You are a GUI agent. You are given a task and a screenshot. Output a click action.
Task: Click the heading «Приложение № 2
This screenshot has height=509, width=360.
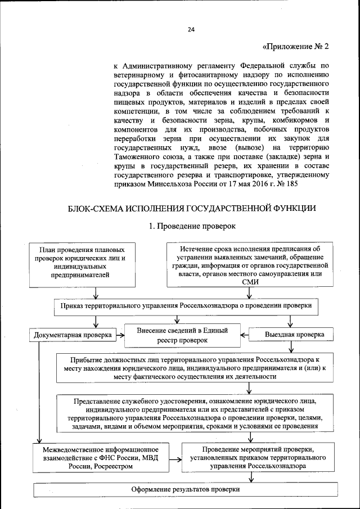click(x=295, y=47)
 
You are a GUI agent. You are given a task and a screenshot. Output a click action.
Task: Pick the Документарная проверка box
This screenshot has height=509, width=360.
click(x=71, y=335)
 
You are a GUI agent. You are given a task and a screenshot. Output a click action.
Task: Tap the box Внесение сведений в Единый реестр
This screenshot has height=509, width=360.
click(x=183, y=335)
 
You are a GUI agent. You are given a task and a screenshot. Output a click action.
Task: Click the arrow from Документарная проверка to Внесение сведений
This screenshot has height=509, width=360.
click(x=119, y=335)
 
